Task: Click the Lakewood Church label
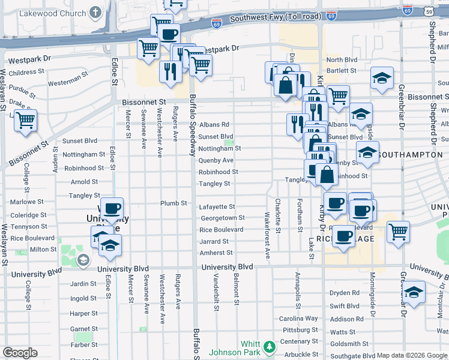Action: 56,13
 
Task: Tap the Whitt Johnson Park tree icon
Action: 270,347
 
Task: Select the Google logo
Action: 20,353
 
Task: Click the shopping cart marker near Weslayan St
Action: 25,121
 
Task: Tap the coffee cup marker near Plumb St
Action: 111,209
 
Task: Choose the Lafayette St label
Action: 217,207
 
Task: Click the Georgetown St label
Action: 221,218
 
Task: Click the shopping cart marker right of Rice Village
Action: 398,232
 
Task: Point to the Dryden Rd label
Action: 345,293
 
